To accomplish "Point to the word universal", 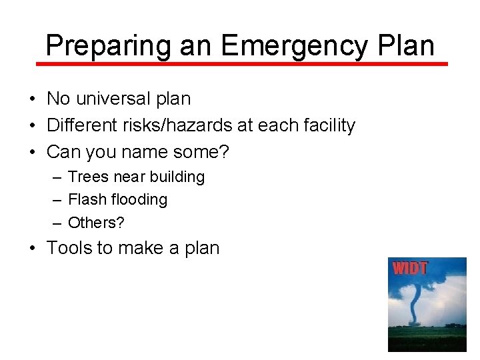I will [113, 99].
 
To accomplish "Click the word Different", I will [79, 125].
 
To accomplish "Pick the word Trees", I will [88, 177].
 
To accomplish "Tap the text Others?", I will [96, 222].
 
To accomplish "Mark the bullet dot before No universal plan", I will [32, 99].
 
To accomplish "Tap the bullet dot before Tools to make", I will [32, 249].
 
